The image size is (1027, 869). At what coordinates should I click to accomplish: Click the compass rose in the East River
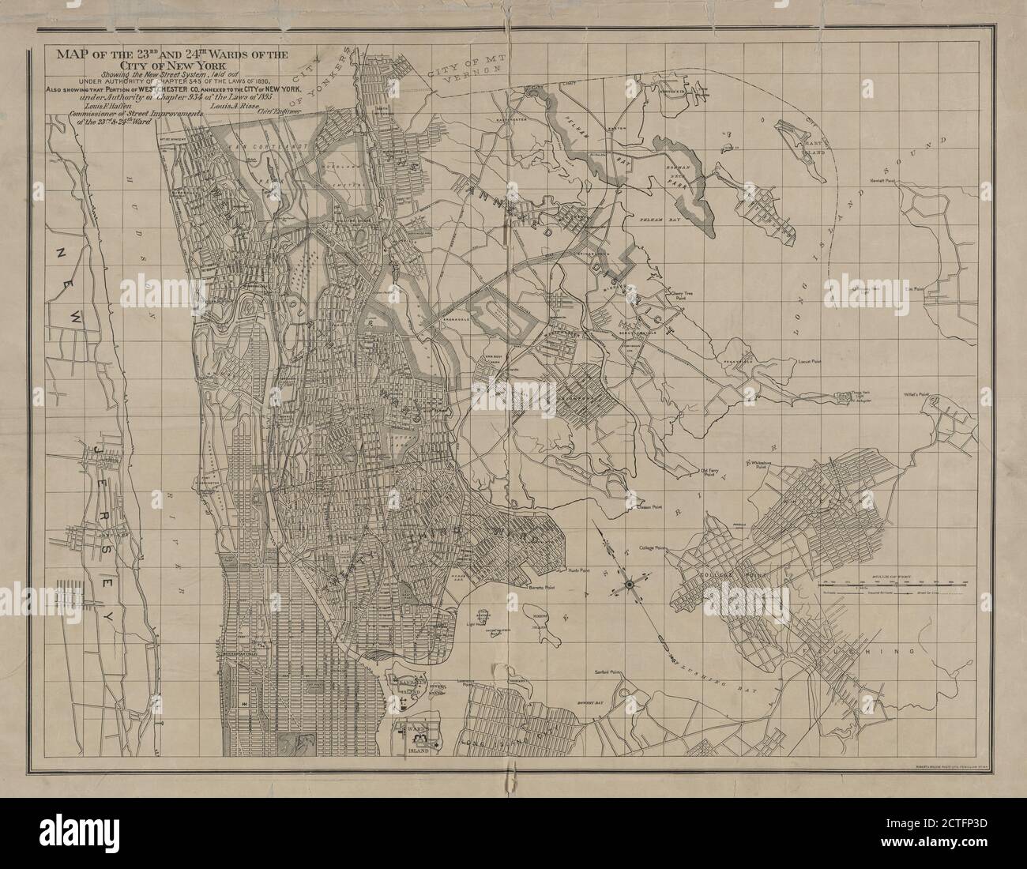point(630,584)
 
